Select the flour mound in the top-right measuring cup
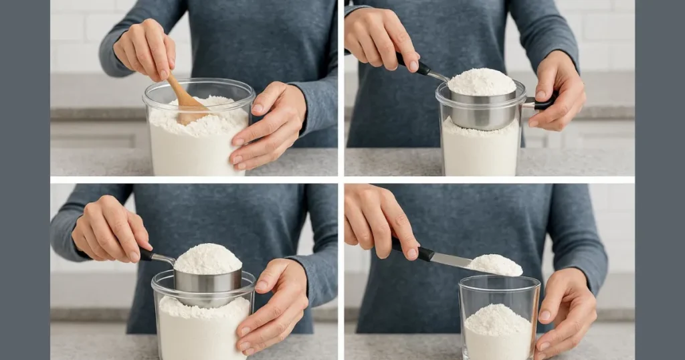[x=482, y=82]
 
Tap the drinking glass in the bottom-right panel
[x=499, y=317]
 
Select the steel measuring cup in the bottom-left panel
[x=207, y=280]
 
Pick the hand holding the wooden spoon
[x=144, y=50]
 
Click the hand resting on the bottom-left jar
[x=271, y=304]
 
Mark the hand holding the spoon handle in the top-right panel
[x=381, y=40]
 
